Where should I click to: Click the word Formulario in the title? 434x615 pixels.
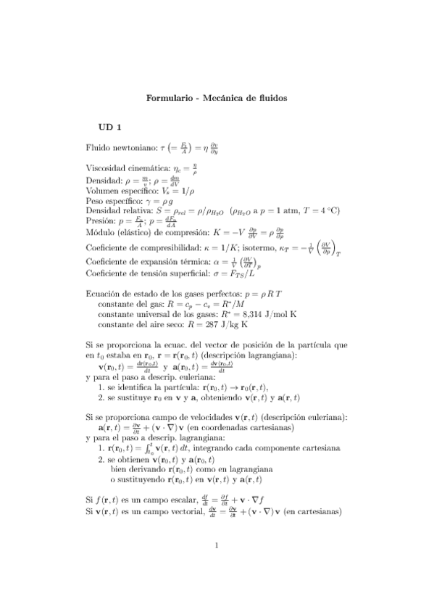(167, 96)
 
